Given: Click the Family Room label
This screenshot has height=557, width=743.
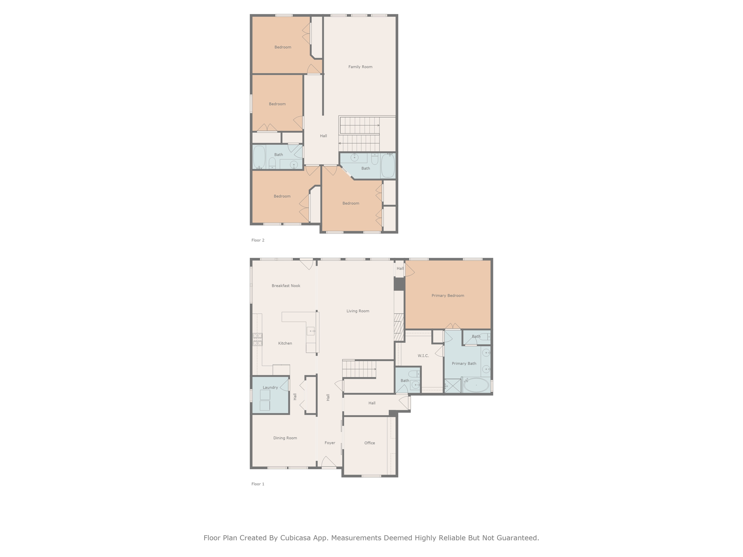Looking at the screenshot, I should [360, 67].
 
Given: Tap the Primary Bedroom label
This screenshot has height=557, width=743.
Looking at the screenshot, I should [448, 296].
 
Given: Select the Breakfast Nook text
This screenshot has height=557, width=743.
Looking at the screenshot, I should [286, 286].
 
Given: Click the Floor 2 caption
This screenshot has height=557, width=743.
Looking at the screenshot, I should [258, 240].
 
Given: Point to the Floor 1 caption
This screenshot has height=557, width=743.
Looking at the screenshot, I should [258, 484].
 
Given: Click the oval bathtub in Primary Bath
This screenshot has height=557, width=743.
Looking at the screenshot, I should [476, 385].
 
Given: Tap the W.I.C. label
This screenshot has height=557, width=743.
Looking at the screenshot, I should [423, 356].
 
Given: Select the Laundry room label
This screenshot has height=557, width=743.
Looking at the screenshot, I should [270, 387].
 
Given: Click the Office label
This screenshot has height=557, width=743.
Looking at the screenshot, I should [370, 443].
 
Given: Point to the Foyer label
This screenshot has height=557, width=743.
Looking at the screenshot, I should [330, 443].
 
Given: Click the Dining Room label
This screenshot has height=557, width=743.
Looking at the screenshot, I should [285, 438].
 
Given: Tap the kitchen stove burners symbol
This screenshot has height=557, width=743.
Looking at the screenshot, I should [258, 339].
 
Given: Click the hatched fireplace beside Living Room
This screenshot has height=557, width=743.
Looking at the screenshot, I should [399, 327].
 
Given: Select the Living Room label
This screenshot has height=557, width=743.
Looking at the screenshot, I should [358, 311].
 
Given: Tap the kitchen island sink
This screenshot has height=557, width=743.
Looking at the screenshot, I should [311, 331].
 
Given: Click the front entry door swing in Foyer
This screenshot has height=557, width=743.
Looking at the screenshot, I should [329, 462].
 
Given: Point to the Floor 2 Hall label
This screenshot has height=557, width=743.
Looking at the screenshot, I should [323, 136].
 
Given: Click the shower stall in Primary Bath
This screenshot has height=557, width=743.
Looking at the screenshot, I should [452, 386].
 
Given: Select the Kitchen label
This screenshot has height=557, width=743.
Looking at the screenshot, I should [285, 343].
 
